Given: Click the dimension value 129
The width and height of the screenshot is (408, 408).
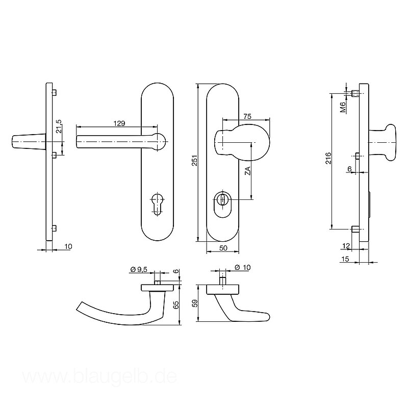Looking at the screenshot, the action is click(119, 123).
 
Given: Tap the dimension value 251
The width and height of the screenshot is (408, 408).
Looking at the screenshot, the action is click(195, 161).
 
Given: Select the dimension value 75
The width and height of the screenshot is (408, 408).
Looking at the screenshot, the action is click(247, 116).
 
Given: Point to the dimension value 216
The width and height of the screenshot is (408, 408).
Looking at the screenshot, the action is click(328, 158).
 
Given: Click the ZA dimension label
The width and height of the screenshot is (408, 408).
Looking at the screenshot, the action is click(248, 171).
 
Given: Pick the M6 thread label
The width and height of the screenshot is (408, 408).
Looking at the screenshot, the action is click(343, 108).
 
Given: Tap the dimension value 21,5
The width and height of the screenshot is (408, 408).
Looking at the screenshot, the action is click(59, 126).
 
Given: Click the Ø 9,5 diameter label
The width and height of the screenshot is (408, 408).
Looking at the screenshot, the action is click(139, 270).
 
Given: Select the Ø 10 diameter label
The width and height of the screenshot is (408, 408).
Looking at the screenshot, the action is click(242, 267).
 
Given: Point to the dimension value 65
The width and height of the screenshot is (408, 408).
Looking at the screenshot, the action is click(176, 304).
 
